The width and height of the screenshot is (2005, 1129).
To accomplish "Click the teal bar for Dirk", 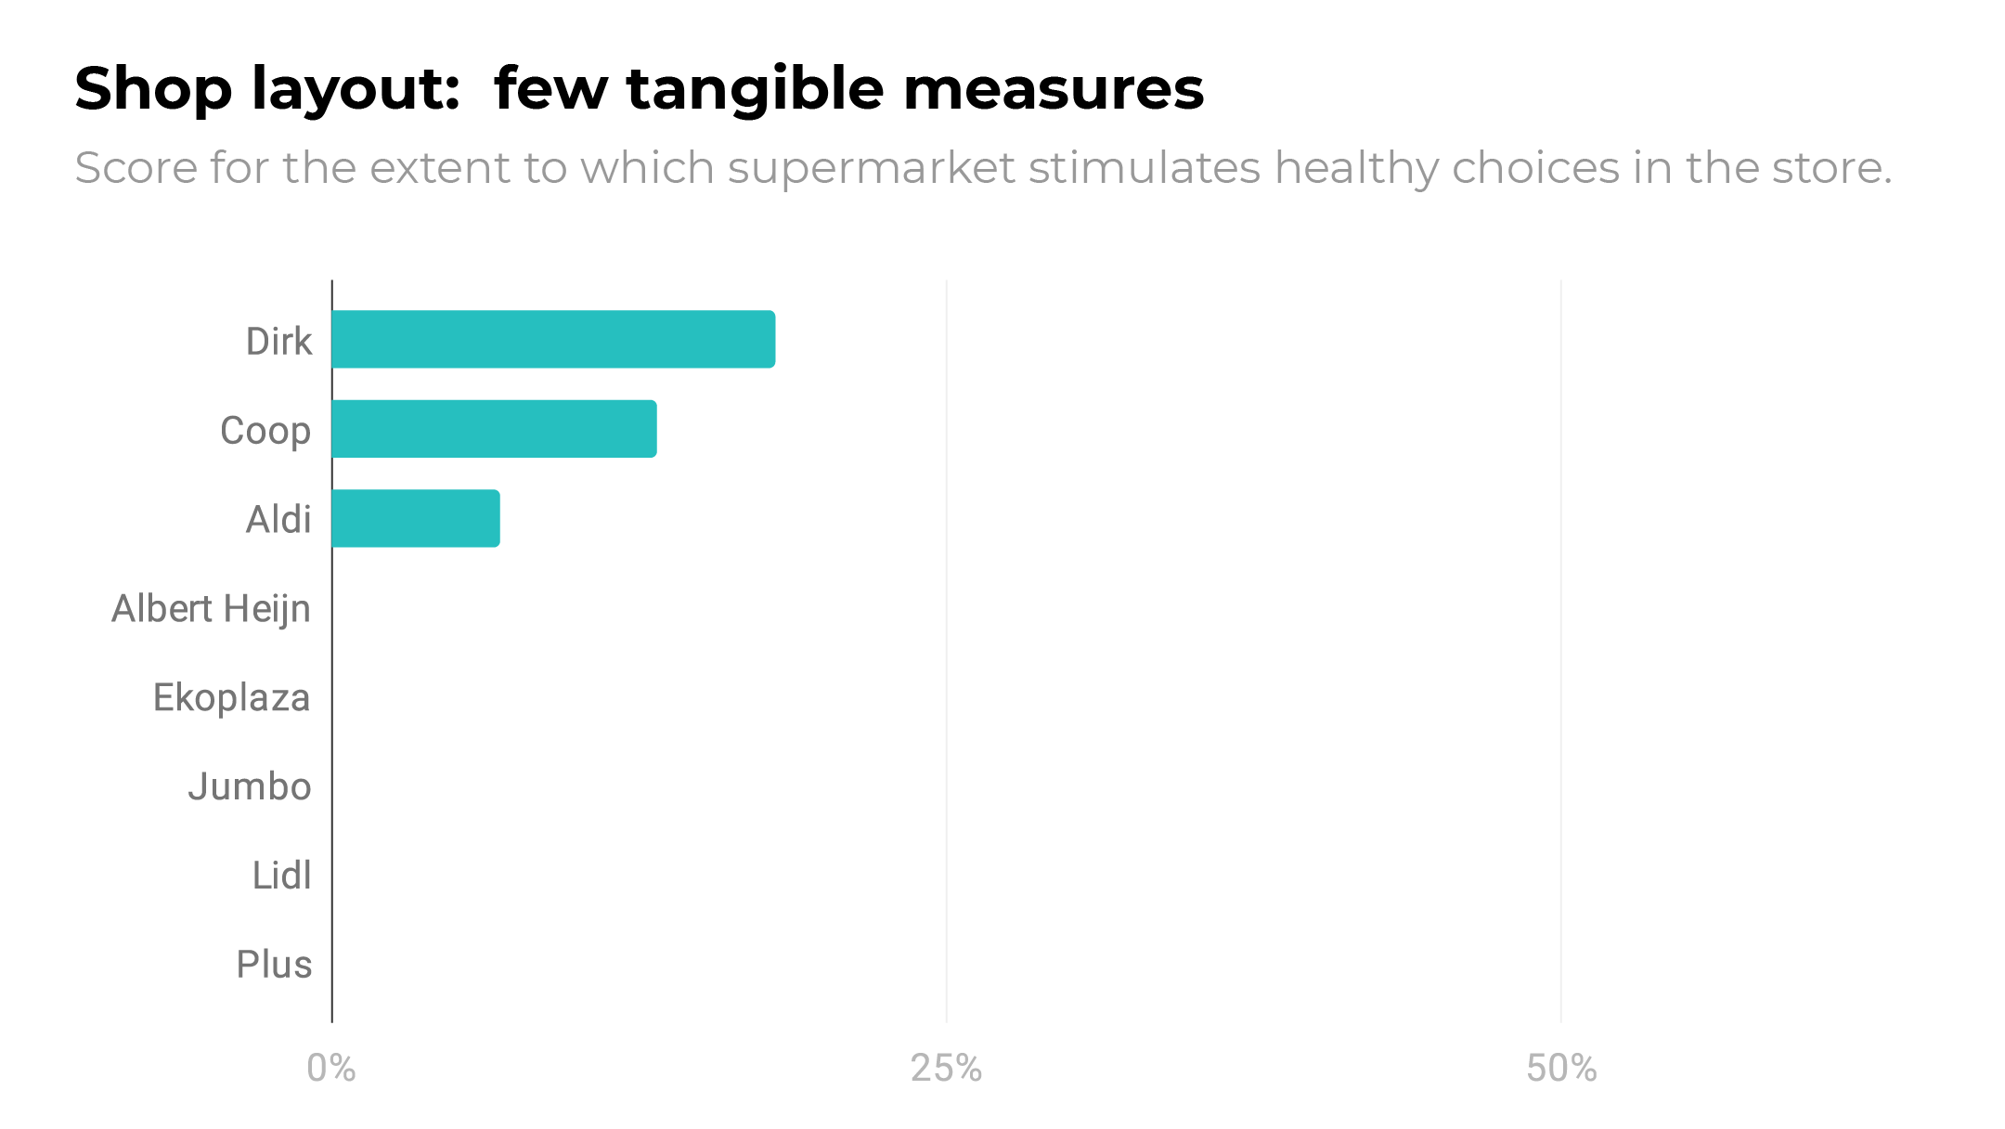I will [553, 339].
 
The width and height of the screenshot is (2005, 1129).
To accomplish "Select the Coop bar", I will [494, 429].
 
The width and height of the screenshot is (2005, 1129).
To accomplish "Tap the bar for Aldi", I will [416, 518].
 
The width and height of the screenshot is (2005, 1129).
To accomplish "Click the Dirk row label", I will [278, 342].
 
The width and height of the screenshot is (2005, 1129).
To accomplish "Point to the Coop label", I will [265, 431].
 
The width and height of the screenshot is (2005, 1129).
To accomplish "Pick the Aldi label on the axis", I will [278, 520].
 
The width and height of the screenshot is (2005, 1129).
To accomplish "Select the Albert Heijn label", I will [212, 609].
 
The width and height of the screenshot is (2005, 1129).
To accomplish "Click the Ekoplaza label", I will [231, 698].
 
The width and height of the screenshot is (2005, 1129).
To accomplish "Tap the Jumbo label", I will [250, 787].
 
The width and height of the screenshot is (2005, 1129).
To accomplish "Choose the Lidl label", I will [282, 876].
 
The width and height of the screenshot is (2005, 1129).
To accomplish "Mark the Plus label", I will [274, 965].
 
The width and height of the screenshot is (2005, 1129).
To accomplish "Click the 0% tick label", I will [331, 1069].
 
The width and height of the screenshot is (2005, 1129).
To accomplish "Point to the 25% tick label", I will [946, 1069].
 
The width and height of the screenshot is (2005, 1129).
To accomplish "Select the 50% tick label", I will [1561, 1069].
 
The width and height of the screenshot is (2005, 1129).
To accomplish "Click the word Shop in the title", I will [153, 89].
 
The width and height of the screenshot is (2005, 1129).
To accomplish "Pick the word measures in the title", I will [1054, 89].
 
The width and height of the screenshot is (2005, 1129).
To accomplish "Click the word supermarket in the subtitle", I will [871, 168].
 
